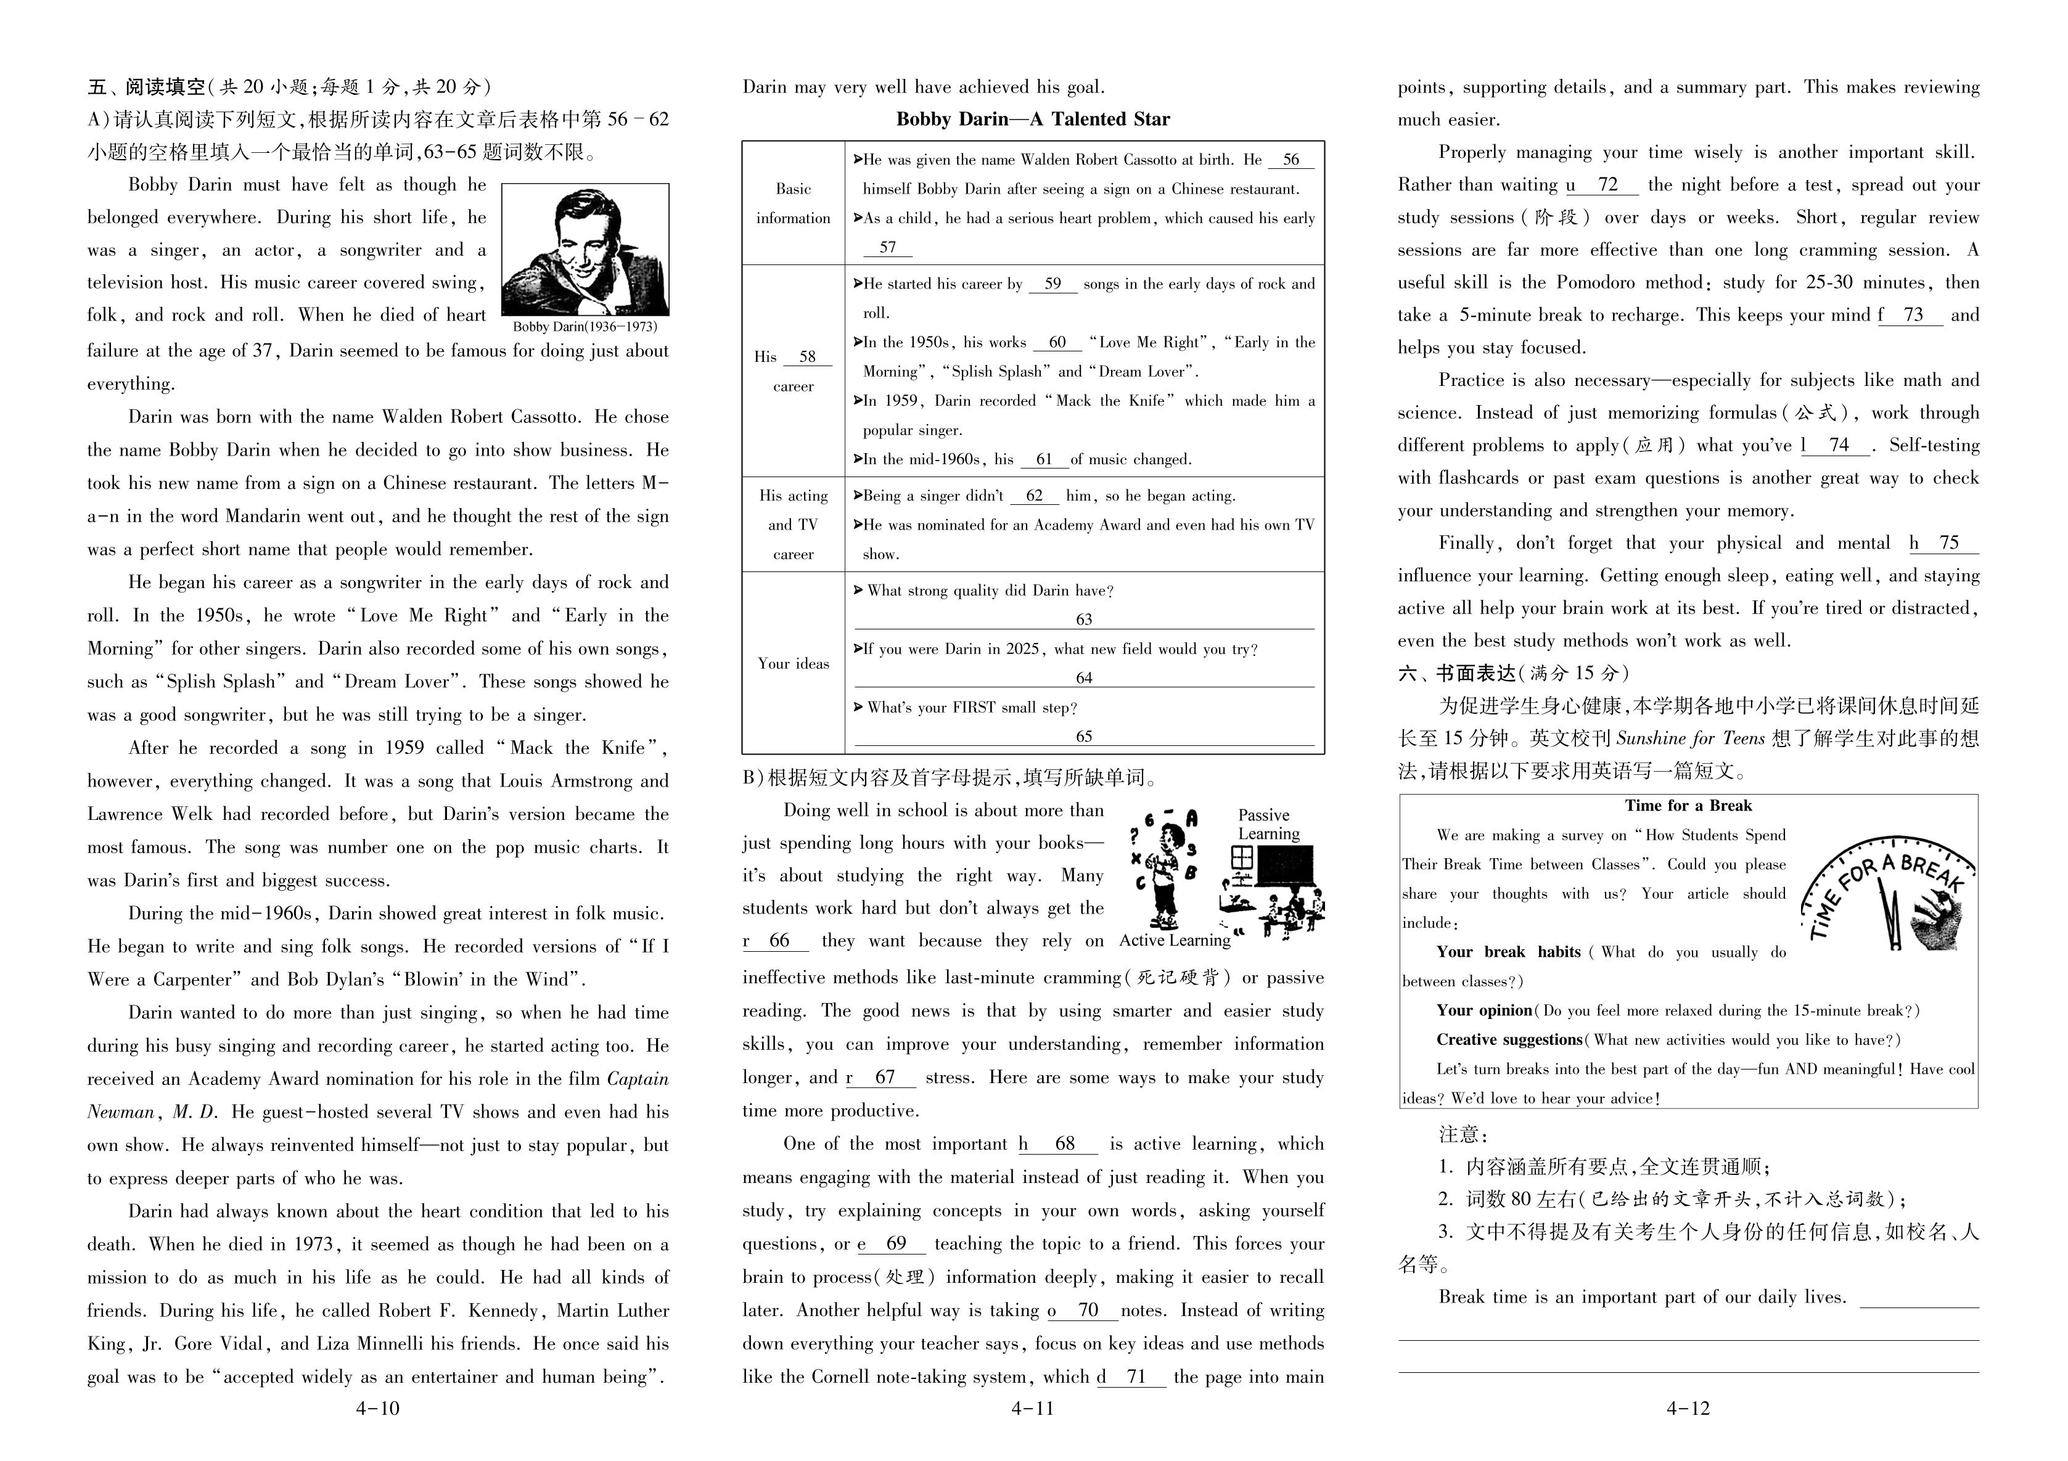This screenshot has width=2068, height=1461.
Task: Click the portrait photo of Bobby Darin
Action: [586, 250]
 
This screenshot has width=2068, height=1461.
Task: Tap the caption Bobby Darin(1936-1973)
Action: [586, 327]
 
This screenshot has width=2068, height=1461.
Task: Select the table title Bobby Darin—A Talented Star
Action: [1033, 119]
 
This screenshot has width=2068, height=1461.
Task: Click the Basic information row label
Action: [793, 203]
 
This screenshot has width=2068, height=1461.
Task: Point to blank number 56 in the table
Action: [1290, 160]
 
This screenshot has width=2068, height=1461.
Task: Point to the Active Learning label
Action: [1175, 940]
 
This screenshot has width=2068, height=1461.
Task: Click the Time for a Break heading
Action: [1688, 806]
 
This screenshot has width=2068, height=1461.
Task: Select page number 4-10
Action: [377, 1409]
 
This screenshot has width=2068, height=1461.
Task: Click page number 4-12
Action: [1688, 1409]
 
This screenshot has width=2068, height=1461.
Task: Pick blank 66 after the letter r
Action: [780, 941]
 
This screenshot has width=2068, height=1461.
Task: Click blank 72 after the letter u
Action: [1608, 186]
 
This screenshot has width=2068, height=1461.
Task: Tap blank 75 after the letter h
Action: [1949, 543]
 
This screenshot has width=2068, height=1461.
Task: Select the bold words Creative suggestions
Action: [1509, 1039]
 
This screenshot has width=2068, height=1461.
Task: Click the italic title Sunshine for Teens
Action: [1689, 739]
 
